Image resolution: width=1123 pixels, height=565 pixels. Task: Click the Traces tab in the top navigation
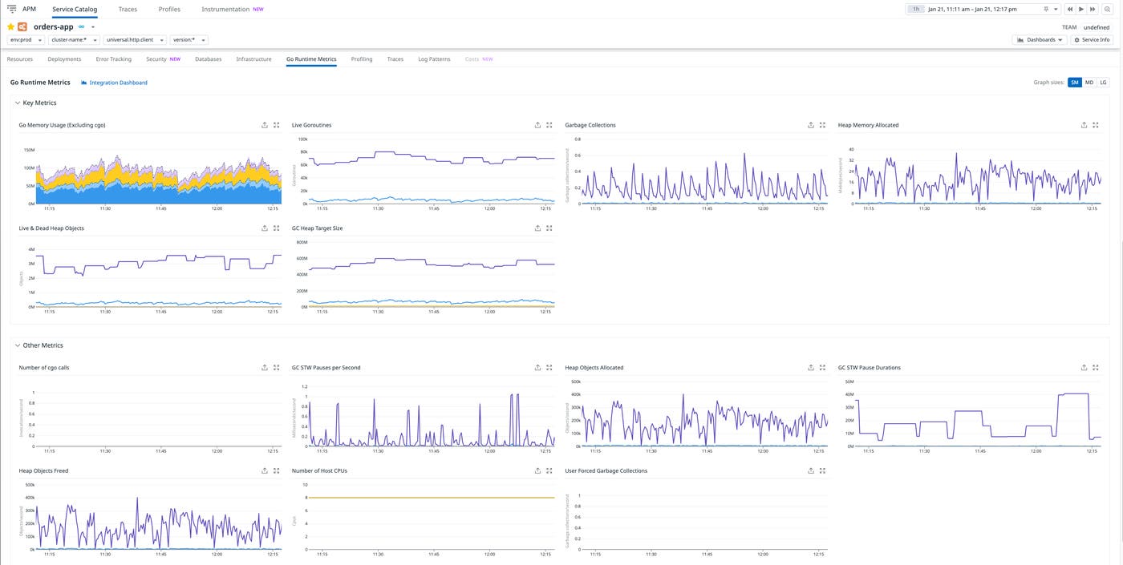[127, 9]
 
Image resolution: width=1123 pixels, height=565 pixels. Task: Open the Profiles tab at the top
[169, 9]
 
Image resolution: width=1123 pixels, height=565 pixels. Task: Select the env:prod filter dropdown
[26, 39]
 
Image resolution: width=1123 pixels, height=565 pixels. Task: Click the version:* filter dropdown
[189, 39]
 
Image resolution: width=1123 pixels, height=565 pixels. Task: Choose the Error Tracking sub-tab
[113, 59]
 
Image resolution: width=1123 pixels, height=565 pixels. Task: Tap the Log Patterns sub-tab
[434, 59]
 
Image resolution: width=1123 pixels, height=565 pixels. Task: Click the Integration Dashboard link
[118, 83]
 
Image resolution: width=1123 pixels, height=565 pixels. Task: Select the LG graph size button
[1103, 83]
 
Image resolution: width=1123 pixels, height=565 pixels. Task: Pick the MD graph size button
[1089, 83]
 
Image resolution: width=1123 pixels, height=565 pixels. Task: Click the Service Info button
[1092, 39]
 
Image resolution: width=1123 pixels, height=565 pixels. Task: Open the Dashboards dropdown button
[1040, 39]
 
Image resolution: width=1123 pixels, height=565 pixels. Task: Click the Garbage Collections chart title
[590, 125]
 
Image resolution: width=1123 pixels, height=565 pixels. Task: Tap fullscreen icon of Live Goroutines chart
[549, 125]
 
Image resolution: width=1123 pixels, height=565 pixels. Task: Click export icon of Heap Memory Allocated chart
[1084, 125]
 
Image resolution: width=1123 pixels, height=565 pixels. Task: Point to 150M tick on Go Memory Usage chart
[29, 150]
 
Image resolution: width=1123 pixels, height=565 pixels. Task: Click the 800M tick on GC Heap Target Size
[302, 242]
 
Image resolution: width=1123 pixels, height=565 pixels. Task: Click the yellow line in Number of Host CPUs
[433, 498]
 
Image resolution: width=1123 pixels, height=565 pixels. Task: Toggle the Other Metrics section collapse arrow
[18, 345]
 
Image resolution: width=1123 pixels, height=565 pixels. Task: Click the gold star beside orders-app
[11, 26]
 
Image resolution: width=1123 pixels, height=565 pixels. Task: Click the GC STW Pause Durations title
[869, 368]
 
